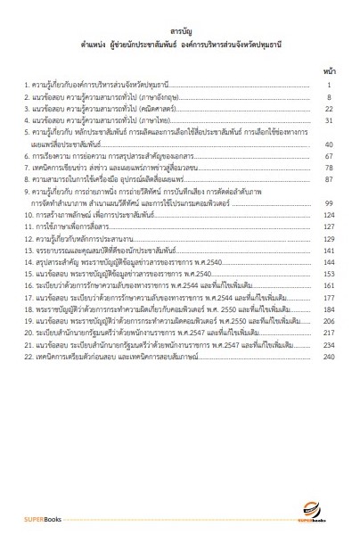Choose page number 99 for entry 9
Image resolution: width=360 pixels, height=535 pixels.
tap(327, 202)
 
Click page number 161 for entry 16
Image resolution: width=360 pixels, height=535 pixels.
tap(326, 287)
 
